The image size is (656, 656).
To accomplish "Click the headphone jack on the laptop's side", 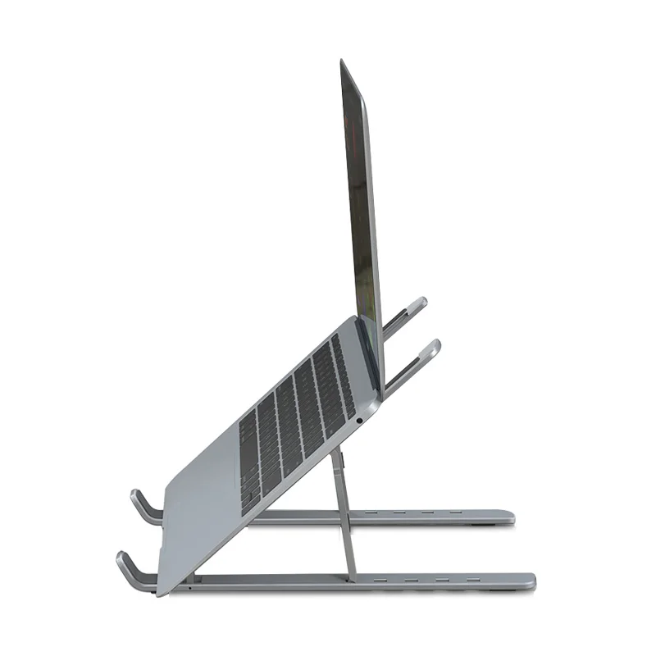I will point(359,421).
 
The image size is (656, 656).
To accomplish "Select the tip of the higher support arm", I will point(419,303).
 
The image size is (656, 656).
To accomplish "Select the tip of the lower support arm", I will point(432,346).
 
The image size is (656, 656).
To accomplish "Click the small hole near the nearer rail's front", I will point(190,587).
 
